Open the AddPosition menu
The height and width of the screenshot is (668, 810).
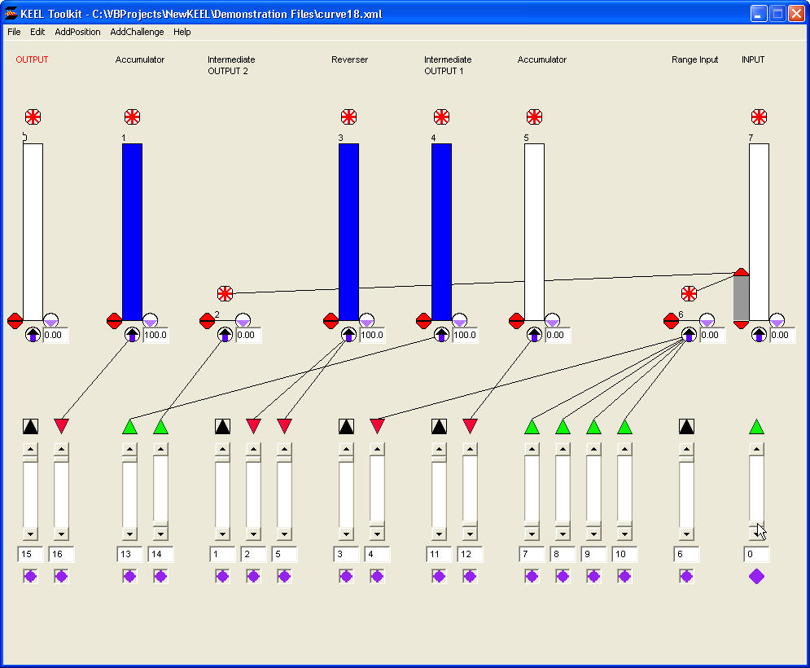click(77, 32)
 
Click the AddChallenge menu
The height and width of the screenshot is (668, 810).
click(137, 32)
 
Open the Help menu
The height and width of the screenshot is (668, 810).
click(182, 32)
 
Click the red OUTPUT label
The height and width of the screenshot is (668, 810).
click(32, 59)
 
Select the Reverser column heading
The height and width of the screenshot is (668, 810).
click(349, 59)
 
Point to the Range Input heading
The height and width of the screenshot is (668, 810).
click(694, 59)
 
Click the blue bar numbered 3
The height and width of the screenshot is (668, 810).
click(348, 231)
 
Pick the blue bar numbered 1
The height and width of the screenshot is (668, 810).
click(132, 231)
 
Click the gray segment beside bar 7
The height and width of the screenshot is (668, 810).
click(741, 297)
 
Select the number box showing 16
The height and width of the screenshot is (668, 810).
click(61, 554)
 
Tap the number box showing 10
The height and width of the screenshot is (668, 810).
click(624, 554)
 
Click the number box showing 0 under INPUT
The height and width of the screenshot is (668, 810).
click(756, 554)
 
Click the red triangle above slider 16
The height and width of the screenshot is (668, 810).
click(62, 425)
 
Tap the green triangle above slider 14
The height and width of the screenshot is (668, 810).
click(160, 425)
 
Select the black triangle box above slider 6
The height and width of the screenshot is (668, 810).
click(686, 425)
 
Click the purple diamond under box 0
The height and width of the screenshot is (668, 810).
click(756, 576)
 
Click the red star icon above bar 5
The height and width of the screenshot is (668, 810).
click(534, 116)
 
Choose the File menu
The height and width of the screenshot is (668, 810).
click(14, 32)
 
